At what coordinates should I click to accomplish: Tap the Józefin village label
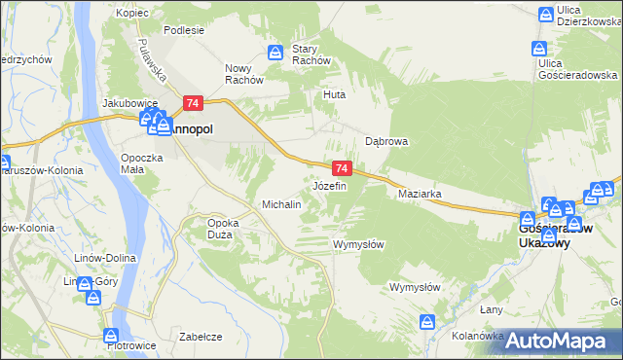click(329, 185)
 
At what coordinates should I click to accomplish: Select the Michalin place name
click(282, 204)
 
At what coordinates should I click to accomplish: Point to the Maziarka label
click(421, 194)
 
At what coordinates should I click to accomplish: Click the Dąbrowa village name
click(385, 140)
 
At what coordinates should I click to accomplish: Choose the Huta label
click(335, 95)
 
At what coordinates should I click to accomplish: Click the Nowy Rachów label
click(244, 74)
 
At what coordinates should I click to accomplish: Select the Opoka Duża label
click(223, 229)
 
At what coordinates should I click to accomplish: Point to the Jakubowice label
click(131, 102)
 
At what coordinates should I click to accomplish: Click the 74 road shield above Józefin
click(341, 168)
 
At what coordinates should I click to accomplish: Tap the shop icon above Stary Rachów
click(276, 51)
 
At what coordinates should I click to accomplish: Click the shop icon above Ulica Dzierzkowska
click(547, 14)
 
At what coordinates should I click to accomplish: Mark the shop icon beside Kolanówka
click(426, 321)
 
